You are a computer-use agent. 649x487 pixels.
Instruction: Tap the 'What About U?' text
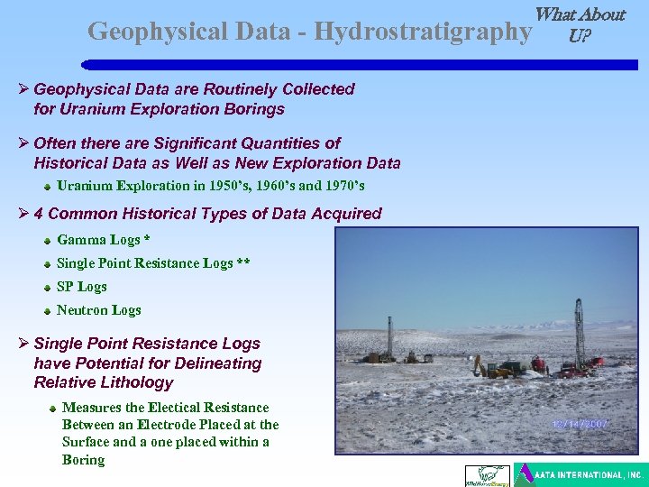(x=580, y=25)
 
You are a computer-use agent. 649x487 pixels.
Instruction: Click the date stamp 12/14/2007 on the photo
(x=580, y=422)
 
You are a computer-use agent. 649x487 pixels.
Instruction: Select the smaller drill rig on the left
(x=389, y=338)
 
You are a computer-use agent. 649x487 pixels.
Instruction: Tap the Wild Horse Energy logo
(x=486, y=475)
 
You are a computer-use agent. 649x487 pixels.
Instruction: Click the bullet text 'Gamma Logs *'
(x=103, y=240)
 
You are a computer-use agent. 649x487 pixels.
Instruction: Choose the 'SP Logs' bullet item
(x=81, y=287)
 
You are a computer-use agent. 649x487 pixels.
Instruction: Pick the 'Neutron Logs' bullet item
(x=98, y=310)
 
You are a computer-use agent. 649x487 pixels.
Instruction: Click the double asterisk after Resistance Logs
(x=243, y=263)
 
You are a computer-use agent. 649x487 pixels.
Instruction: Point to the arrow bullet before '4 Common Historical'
(x=24, y=214)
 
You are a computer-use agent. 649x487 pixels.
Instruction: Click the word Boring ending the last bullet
(x=83, y=460)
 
